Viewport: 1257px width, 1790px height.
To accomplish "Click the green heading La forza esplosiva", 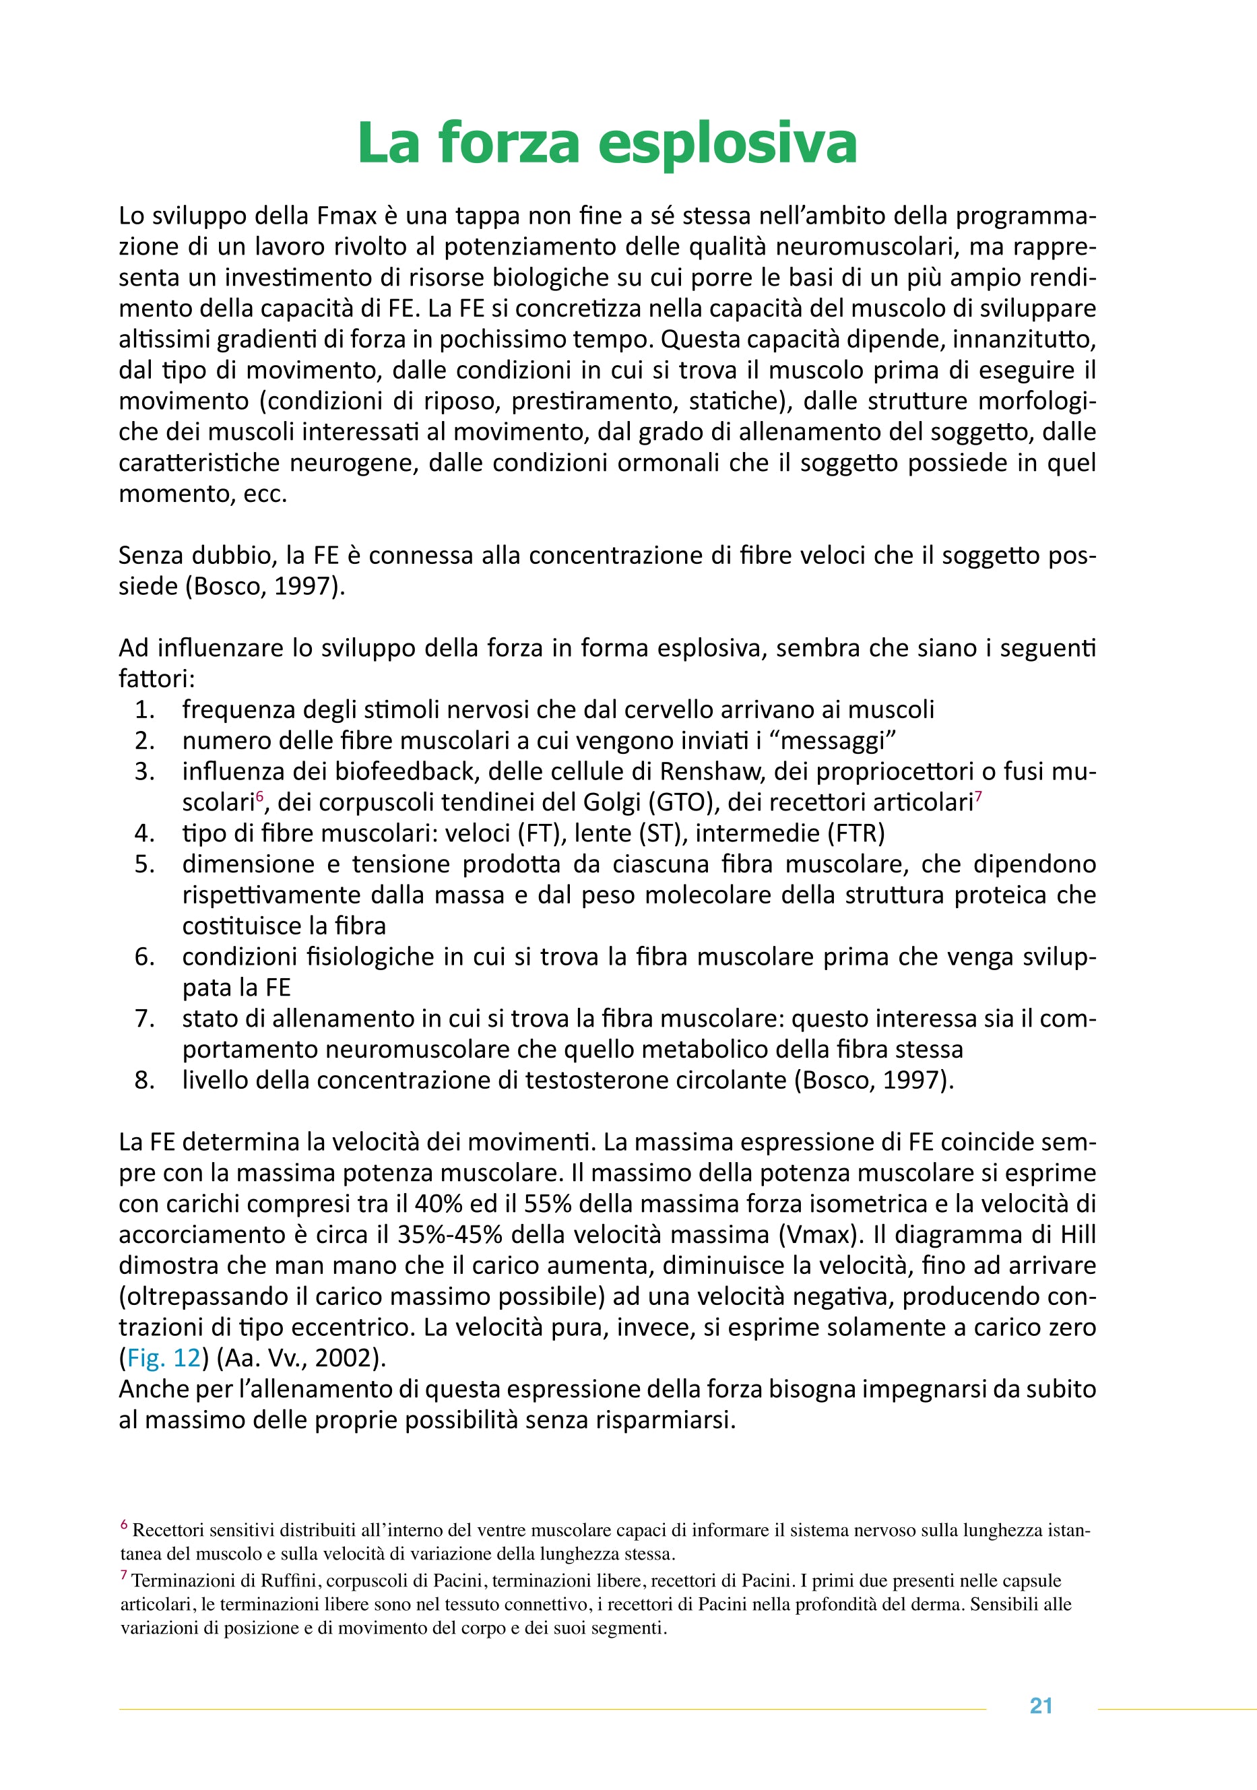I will coord(607,143).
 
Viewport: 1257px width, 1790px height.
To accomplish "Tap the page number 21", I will coord(1041,1706).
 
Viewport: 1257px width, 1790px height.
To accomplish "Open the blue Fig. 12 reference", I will coord(163,1357).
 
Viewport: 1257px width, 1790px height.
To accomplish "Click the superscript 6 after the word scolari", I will coord(259,795).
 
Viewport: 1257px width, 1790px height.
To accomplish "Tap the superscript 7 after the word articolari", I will coord(978,795).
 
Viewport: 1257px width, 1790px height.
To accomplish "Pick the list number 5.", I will coord(144,864).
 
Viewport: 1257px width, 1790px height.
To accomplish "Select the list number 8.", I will coord(144,1080).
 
